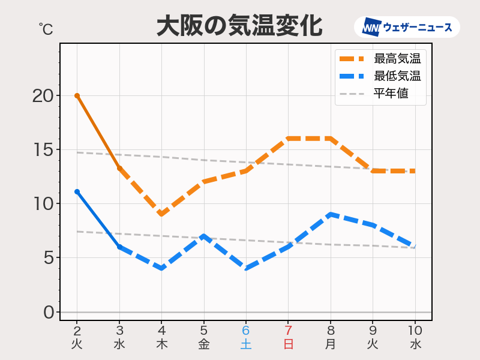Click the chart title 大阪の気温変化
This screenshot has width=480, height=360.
239,26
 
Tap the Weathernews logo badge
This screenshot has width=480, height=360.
407,27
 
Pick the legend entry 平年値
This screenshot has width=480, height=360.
391,94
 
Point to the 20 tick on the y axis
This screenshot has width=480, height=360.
43,95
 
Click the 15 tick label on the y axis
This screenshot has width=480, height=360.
43,149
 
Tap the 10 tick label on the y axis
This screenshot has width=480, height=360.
43,203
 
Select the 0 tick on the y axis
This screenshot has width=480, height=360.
48,312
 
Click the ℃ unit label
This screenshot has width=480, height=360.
45,28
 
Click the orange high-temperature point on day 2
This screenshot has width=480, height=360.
77,95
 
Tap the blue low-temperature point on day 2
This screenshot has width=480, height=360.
77,191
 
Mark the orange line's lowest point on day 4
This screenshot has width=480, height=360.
161,214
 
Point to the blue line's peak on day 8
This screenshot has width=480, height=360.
331,214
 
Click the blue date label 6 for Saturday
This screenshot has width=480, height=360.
246,331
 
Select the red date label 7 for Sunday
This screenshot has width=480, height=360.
288,331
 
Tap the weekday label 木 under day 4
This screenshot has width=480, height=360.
161,344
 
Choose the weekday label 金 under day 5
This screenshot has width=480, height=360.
204,344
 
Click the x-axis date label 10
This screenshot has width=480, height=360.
415,331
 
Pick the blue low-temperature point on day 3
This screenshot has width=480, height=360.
119,247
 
